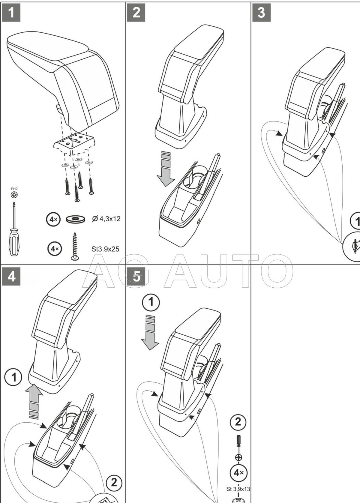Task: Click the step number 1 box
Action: click(11, 13)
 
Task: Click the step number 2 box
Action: click(136, 13)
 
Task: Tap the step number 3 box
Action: click(261, 13)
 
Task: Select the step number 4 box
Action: click(11, 276)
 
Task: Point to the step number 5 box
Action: click(136, 276)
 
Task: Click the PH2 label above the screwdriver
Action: click(14, 189)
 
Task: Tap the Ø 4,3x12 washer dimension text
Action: click(106, 219)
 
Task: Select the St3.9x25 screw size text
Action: click(105, 249)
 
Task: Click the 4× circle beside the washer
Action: click(53, 219)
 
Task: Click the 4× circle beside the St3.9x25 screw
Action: click(55, 249)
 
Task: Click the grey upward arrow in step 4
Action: click(34, 400)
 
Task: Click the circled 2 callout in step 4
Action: click(114, 483)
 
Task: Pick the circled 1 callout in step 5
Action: click(151, 302)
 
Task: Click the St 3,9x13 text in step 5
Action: click(238, 489)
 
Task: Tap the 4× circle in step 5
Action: click(238, 473)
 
